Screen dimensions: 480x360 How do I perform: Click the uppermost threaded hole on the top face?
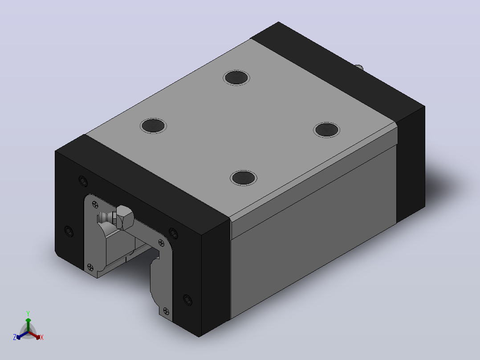pyautogui.click(x=236, y=78)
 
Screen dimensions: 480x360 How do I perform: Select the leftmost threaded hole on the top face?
pyautogui.click(x=153, y=126)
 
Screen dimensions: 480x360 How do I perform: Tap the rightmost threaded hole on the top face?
pyautogui.click(x=327, y=130)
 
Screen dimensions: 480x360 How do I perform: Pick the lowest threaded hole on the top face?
pyautogui.click(x=244, y=178)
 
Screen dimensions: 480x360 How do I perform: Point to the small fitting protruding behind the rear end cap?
pyautogui.click(x=358, y=67)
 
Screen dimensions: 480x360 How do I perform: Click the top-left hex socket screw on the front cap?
pyautogui.click(x=83, y=181)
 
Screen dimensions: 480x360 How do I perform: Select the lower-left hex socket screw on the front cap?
pyautogui.click(x=69, y=231)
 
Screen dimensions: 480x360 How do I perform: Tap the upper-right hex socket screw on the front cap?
pyautogui.click(x=173, y=233)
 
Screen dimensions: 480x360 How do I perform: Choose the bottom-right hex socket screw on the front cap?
pyautogui.click(x=187, y=300)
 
